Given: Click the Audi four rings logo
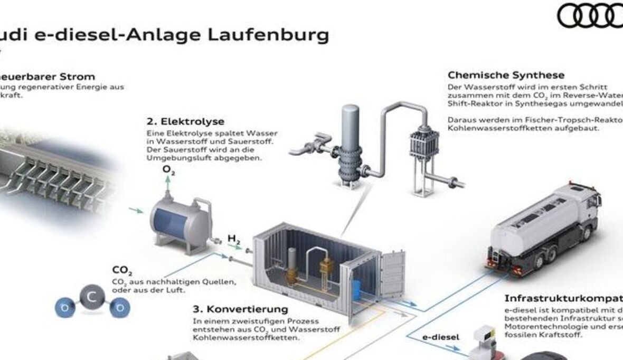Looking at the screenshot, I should pos(590,15).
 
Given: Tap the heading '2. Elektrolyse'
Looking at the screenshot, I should pos(185,122).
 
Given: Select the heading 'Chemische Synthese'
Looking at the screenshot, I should pos(506,75).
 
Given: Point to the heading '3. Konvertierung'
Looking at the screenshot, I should pos(240,309).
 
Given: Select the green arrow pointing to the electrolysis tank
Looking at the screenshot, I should pos(136,211).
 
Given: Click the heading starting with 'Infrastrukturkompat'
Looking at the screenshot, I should pos(563,298).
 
